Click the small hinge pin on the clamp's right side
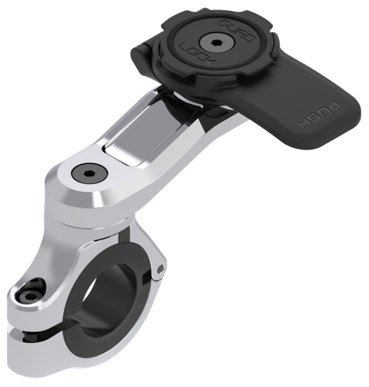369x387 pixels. [161, 268]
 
